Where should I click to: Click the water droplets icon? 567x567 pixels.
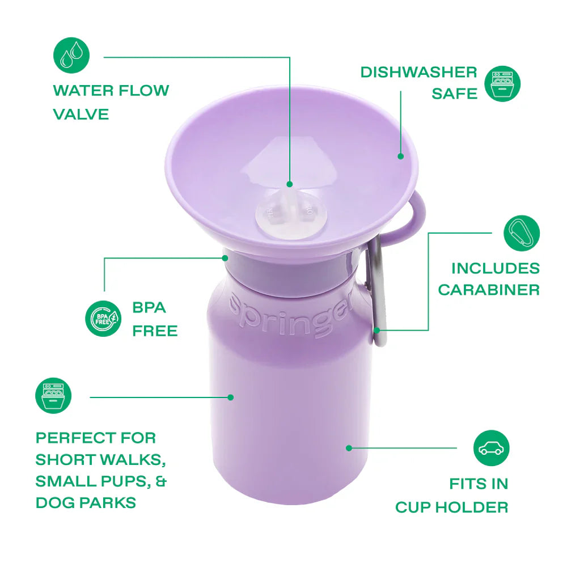[71, 56]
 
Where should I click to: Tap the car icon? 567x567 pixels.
[491, 448]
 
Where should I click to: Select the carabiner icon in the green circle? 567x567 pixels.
[522, 233]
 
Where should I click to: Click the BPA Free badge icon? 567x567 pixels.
[103, 319]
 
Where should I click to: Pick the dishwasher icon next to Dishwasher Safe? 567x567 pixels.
[502, 83]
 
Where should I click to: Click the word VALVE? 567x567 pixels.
[81, 114]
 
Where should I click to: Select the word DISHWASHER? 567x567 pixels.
[418, 72]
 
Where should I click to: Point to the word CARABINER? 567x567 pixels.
[489, 290]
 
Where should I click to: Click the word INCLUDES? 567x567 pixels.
[495, 268]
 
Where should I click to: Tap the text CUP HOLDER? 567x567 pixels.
[451, 506]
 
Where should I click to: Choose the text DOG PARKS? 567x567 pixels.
[86, 502]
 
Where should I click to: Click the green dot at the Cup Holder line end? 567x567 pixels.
[349, 448]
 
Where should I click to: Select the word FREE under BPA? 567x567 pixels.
[155, 330]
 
